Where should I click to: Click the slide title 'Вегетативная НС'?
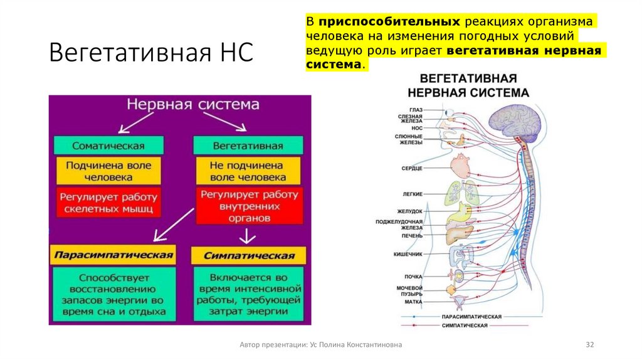(151, 53)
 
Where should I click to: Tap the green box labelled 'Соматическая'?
(108, 146)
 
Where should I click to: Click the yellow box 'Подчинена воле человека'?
(108, 171)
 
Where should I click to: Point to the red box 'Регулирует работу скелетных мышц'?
(108, 202)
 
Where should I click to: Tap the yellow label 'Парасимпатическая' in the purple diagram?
(112, 255)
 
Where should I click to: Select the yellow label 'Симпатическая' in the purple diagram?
(249, 256)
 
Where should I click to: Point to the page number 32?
(589, 345)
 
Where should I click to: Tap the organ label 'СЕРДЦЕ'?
(412, 169)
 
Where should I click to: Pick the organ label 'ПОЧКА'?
(413, 277)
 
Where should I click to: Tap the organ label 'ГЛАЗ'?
(416, 110)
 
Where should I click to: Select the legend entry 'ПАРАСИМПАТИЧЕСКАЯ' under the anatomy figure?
(471, 317)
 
